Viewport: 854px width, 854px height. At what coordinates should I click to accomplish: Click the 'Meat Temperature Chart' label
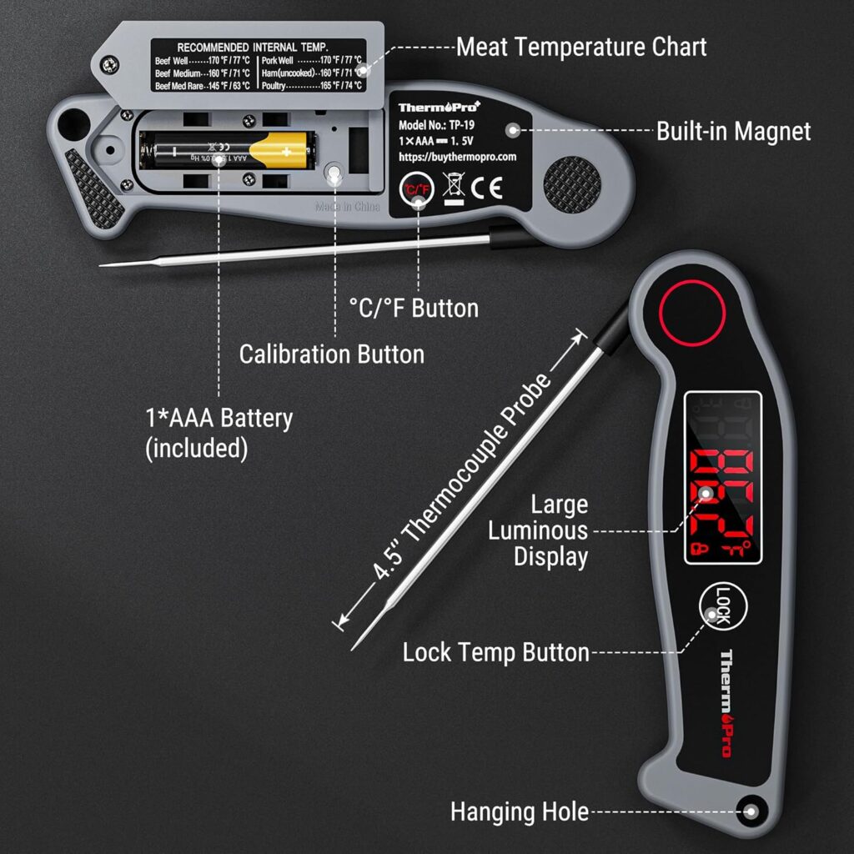click(581, 47)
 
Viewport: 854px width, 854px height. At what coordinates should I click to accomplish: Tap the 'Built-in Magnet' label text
click(733, 131)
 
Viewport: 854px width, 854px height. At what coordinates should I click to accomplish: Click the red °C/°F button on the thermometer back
click(414, 189)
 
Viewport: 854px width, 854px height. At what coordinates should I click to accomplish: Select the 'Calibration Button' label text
click(331, 354)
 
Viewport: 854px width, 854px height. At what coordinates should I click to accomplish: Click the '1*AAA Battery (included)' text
click(219, 433)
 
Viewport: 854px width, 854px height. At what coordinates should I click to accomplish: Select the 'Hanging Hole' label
click(519, 811)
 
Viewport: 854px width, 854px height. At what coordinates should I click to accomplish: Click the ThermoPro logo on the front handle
click(725, 703)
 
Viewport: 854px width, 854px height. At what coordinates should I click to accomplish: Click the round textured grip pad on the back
click(572, 182)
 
